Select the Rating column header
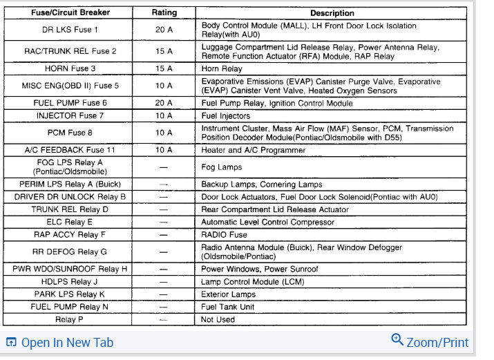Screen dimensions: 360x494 coord(164,13)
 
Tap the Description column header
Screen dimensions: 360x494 coord(332,13)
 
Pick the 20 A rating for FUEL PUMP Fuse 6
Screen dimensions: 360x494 coord(164,104)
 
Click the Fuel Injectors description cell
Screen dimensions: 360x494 coord(227,115)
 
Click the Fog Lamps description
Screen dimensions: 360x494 coord(222,167)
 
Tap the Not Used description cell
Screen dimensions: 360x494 coord(218,320)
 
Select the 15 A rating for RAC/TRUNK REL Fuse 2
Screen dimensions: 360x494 coord(164,52)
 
